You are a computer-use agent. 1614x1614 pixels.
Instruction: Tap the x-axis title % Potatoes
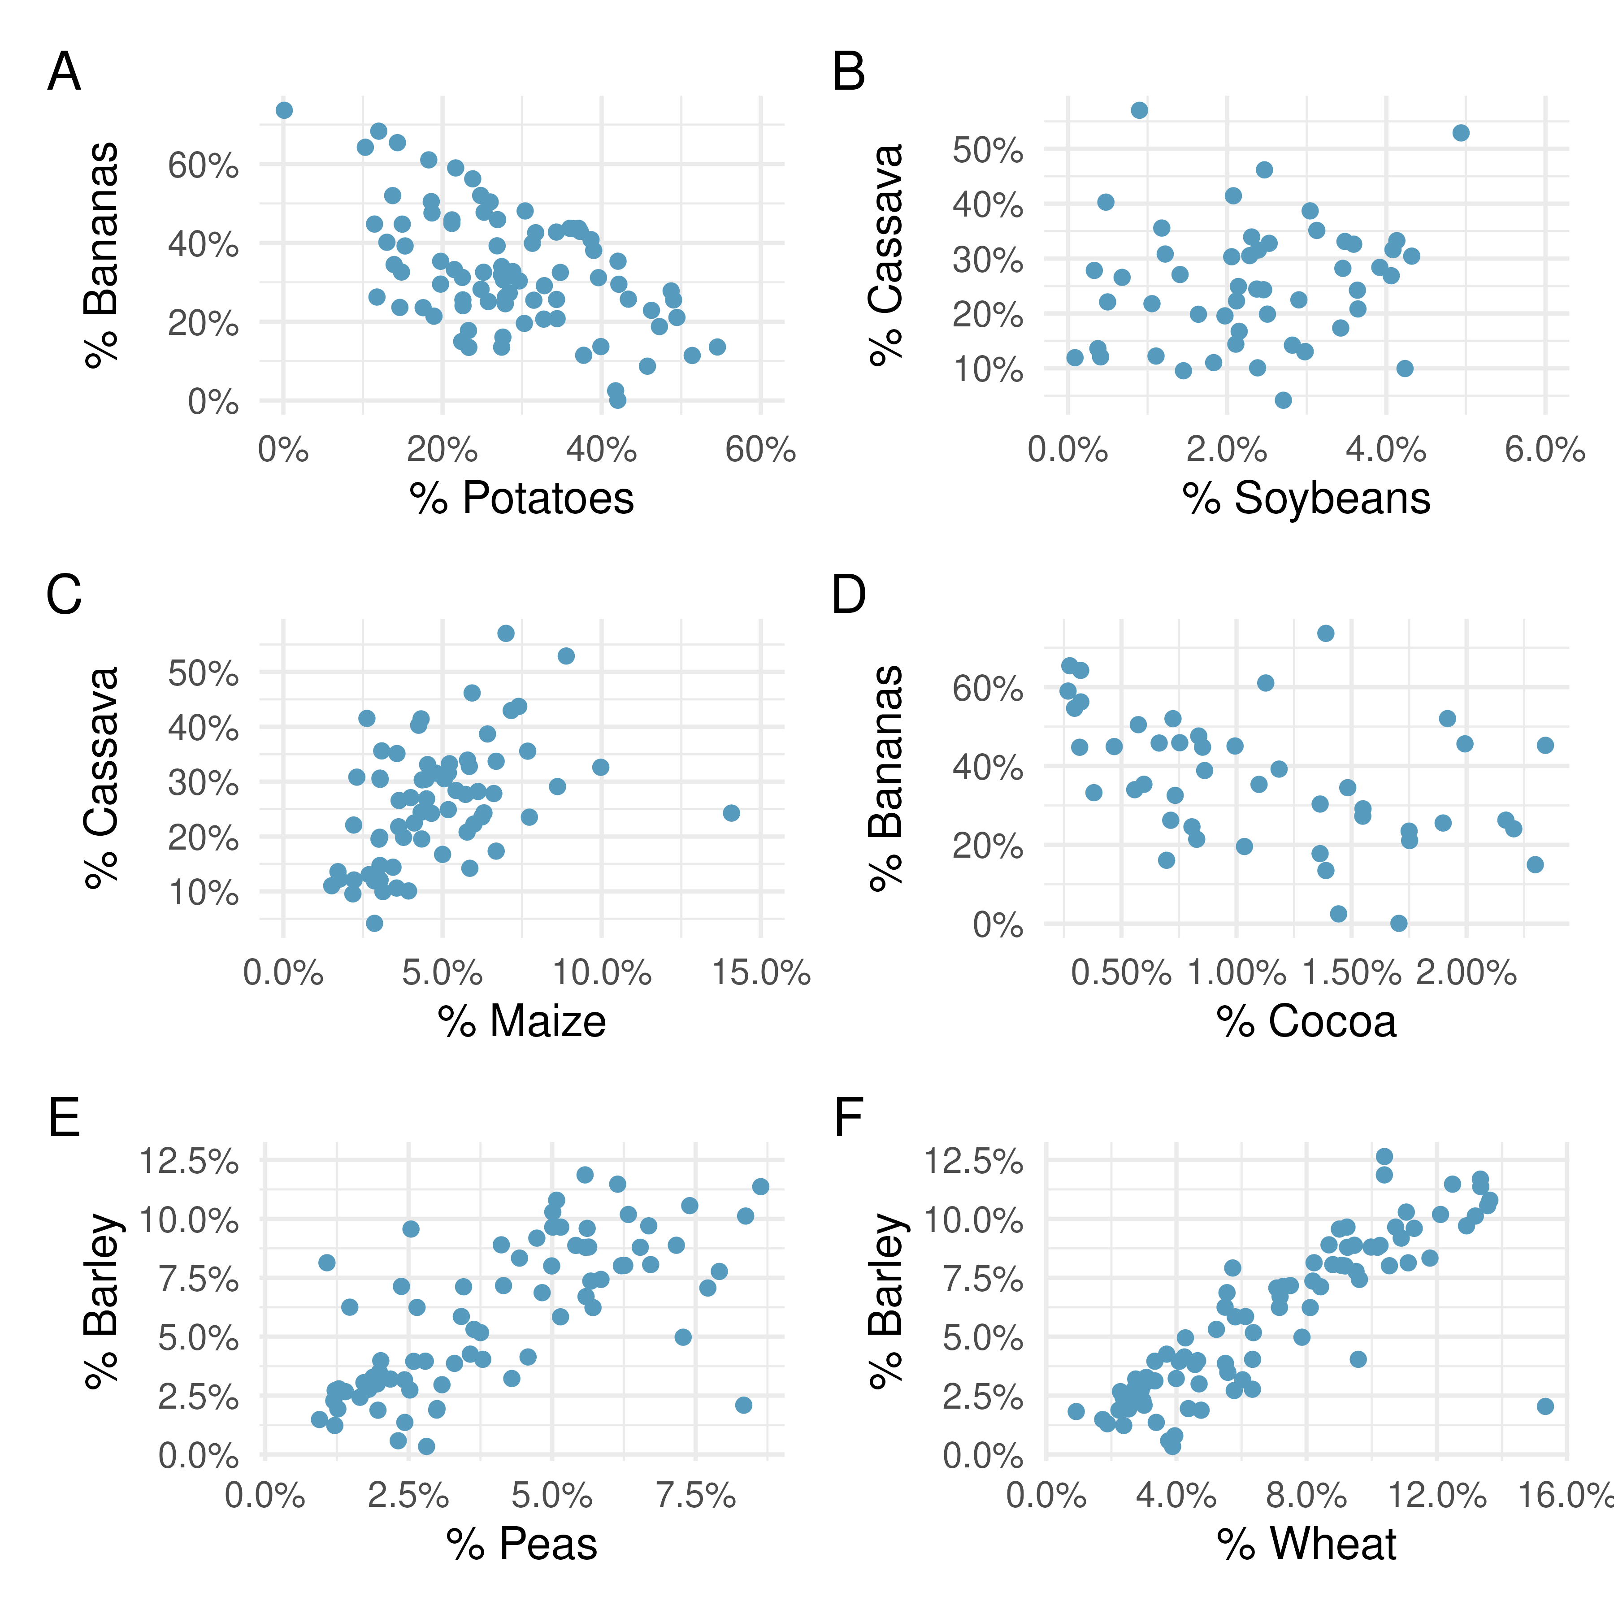pyautogui.click(x=521, y=498)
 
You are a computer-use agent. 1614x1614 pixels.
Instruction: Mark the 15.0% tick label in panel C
pyautogui.click(x=760, y=973)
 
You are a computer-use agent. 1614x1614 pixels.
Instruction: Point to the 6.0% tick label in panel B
pyautogui.click(x=1545, y=450)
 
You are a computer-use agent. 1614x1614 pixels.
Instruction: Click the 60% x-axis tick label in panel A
pyautogui.click(x=760, y=450)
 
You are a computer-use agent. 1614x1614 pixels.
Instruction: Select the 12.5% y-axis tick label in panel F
pyautogui.click(x=973, y=1161)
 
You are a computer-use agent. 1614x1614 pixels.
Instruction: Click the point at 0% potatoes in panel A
pyautogui.click(x=284, y=110)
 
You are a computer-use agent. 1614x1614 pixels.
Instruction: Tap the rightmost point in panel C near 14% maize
pyautogui.click(x=731, y=813)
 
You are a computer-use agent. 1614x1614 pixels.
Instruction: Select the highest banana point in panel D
pyautogui.click(x=1325, y=633)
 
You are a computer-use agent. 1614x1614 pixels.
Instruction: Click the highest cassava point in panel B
pyautogui.click(x=1139, y=110)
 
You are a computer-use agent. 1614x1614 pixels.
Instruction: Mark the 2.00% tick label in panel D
pyautogui.click(x=1466, y=973)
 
